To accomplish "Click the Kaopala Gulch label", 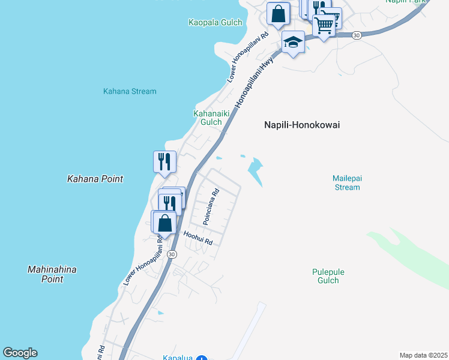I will point(215,23).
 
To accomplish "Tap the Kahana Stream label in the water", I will point(130,92).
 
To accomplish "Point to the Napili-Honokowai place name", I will point(302,125).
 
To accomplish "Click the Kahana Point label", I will point(95,179).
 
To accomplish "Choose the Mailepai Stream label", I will point(347,183).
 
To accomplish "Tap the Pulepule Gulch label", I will point(328,276).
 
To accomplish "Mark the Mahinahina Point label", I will point(52,274).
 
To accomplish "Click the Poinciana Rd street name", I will point(211,207).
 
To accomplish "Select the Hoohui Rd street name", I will point(198,238).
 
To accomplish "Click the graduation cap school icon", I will point(293,42).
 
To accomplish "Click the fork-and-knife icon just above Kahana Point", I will point(164,161).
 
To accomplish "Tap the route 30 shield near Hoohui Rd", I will point(172,254).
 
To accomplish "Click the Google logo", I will point(20,353).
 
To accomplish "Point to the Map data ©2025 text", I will point(424,355).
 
